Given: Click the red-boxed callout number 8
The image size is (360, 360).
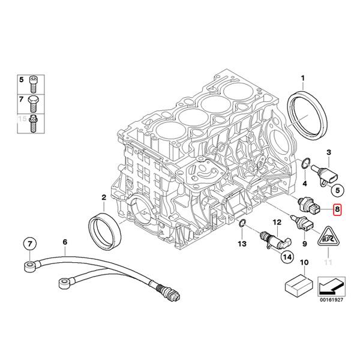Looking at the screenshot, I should point(337,210).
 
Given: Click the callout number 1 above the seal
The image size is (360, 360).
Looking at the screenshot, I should point(303,78).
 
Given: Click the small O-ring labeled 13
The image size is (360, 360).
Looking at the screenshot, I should point(241,224).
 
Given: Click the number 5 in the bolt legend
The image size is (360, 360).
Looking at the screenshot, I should point(21,79).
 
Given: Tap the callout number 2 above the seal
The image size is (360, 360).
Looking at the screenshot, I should point(103,197).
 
